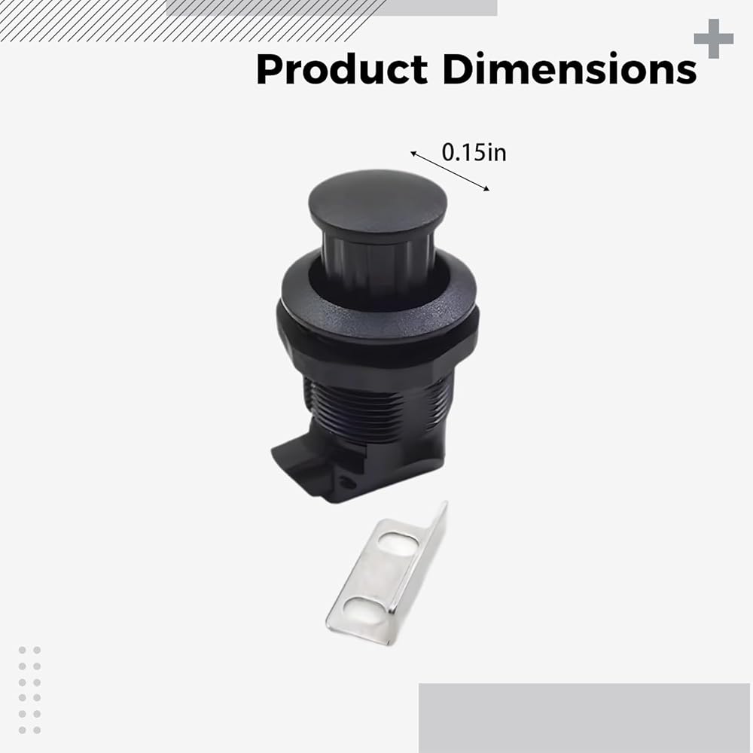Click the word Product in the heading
point(342,69)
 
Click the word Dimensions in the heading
point(569,69)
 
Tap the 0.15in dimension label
point(474,152)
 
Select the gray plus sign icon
point(714,38)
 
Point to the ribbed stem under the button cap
point(377,262)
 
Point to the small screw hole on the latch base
point(346,482)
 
